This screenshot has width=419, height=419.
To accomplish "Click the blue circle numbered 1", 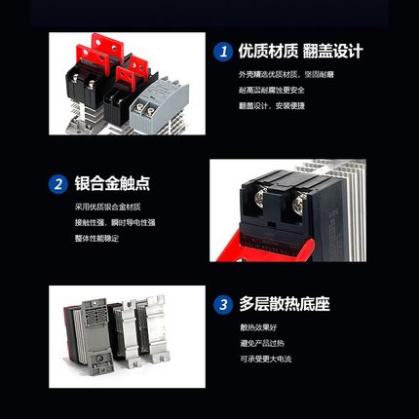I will [x=223, y=50].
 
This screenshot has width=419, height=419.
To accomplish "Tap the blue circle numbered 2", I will [x=57, y=183].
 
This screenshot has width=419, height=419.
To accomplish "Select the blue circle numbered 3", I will [x=223, y=304].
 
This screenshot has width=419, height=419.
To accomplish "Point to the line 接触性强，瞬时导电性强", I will [x=115, y=222].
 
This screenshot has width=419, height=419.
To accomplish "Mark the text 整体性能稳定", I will [x=97, y=238].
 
